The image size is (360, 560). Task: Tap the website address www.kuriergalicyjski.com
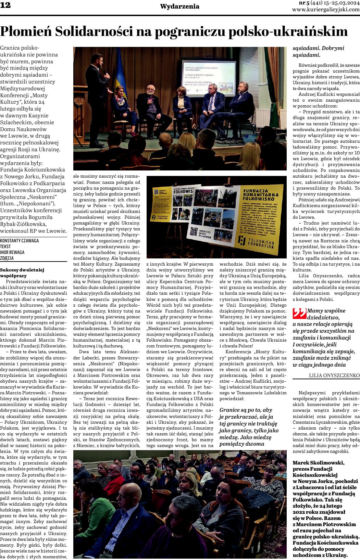click(x=326, y=10)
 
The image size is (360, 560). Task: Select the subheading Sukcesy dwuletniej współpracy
click(x=22, y=272)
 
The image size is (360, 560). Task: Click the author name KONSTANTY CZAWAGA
click(x=20, y=240)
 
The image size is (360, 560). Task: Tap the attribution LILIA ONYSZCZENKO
click(x=334, y=376)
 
